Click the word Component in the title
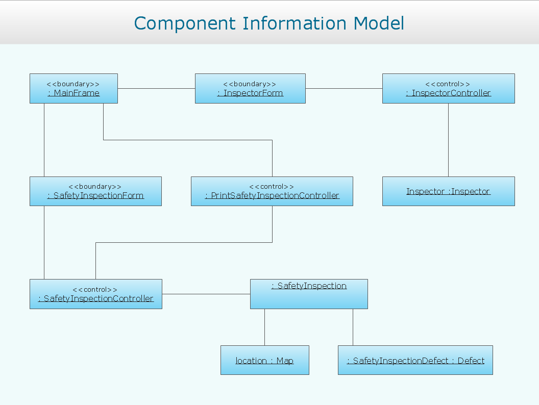pyautogui.click(x=185, y=24)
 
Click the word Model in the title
pyautogui.click(x=378, y=23)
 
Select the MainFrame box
pyautogui.click(x=73, y=88)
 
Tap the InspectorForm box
pyautogui.click(x=250, y=88)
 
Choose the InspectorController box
pyautogui.click(x=448, y=88)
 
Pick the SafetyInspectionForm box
pyautogui.click(x=95, y=191)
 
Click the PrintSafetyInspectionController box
pyautogui.click(x=272, y=191)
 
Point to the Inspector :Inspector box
pyautogui.click(x=448, y=191)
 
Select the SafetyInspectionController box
pyautogui.click(x=96, y=294)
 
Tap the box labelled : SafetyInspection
pyautogui.click(x=309, y=294)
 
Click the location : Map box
pyautogui.click(x=265, y=360)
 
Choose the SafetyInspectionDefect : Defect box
pyautogui.click(x=415, y=360)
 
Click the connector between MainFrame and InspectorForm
pyautogui.click(x=156, y=88)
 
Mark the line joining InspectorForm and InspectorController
pyautogui.click(x=344, y=88)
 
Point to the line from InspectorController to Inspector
pyautogui.click(x=448, y=140)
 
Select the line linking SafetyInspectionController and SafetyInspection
pyautogui.click(x=206, y=294)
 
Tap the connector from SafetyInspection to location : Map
pyautogui.click(x=265, y=327)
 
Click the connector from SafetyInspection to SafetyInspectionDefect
pyautogui.click(x=353, y=327)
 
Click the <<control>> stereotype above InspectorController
pyautogui.click(x=448, y=84)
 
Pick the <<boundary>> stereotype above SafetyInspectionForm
pyautogui.click(x=95, y=187)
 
